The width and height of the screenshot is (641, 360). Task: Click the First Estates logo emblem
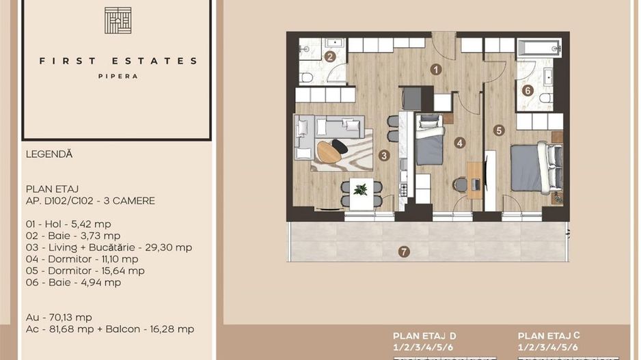(118, 20)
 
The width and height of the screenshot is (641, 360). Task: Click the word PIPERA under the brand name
(118, 77)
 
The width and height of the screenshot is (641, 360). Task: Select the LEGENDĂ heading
(49, 154)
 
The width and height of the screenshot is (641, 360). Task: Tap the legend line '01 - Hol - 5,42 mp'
(68, 224)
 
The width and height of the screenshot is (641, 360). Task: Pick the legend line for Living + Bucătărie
(109, 247)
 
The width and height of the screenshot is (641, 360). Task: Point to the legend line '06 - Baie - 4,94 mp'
(73, 282)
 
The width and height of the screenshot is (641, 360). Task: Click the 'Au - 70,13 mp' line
(59, 317)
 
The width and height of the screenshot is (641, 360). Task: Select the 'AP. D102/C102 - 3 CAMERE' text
(90, 201)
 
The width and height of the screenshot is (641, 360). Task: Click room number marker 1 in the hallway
(435, 69)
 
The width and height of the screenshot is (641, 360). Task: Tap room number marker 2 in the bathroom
(329, 57)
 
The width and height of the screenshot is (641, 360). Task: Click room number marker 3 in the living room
(385, 156)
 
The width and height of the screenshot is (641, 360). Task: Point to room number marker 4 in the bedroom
(460, 143)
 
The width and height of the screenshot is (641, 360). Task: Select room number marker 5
(499, 130)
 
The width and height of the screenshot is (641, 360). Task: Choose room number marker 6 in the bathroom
(527, 89)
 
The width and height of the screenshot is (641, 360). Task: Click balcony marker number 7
(404, 252)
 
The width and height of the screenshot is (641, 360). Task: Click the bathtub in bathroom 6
(539, 47)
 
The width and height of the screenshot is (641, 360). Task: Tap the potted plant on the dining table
(360, 189)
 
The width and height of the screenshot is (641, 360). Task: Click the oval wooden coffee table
(329, 151)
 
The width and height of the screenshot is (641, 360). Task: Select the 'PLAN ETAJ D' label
(424, 336)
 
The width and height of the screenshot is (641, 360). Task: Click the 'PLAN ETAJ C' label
(549, 336)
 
